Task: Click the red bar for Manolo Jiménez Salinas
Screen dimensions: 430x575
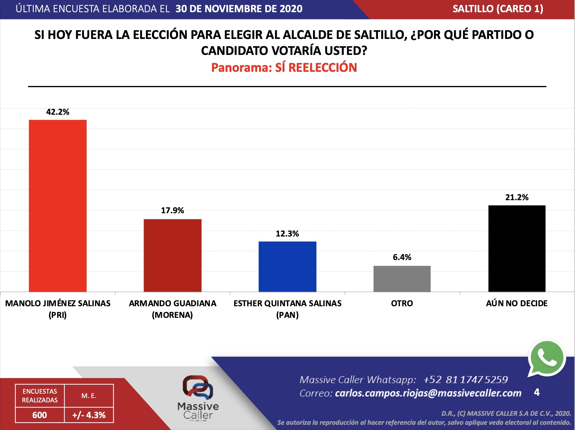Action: (x=58, y=206)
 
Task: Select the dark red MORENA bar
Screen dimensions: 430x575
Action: (x=173, y=255)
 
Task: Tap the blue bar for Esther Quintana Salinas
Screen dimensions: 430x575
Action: (x=287, y=266)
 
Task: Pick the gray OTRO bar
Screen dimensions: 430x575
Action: (x=402, y=279)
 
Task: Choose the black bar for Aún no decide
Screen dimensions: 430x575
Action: (x=517, y=248)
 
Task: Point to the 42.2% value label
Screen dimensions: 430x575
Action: (x=58, y=112)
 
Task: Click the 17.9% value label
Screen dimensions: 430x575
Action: (x=173, y=210)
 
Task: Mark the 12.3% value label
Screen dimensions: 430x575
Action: (x=287, y=234)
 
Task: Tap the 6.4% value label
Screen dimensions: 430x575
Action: (x=402, y=257)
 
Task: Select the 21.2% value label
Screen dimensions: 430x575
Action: (x=517, y=198)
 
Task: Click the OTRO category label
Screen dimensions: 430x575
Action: (x=402, y=303)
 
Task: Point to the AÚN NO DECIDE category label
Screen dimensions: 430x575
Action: (x=517, y=303)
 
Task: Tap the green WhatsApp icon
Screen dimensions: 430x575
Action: (x=547, y=358)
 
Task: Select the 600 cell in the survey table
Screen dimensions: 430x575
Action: (x=40, y=415)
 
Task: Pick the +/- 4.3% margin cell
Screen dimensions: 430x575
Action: (x=89, y=415)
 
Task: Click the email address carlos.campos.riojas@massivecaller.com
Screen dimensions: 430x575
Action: (x=428, y=393)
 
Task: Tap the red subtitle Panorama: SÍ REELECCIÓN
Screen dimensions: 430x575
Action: (x=284, y=68)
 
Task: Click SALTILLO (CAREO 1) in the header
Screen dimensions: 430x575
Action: (x=498, y=9)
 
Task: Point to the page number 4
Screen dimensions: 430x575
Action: (x=537, y=392)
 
